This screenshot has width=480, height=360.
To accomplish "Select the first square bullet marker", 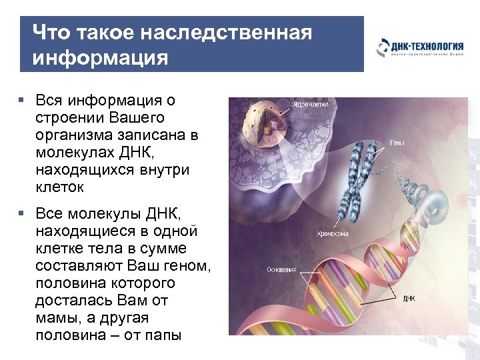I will [x=22, y=100].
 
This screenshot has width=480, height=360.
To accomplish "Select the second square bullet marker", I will [x=22, y=213].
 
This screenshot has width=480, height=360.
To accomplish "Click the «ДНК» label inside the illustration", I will [x=408, y=299].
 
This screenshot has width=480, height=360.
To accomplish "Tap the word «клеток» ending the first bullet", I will [x=60, y=187].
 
